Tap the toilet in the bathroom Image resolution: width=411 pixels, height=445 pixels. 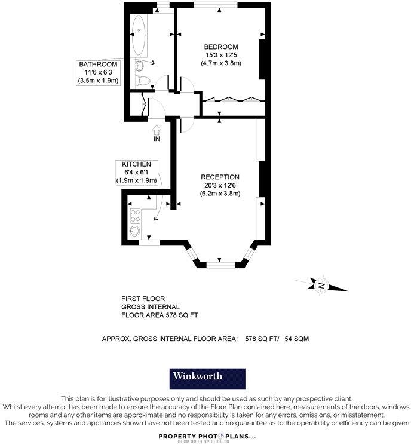point(142,81)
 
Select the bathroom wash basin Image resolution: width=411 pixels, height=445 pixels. point(140,66)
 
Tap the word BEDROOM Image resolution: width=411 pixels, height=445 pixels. point(221,47)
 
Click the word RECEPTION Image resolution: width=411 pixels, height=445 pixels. point(220,177)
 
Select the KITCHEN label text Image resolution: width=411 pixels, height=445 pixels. point(136,164)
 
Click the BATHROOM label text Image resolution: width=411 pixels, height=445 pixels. point(99,65)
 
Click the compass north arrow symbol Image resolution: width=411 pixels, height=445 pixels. point(321,285)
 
